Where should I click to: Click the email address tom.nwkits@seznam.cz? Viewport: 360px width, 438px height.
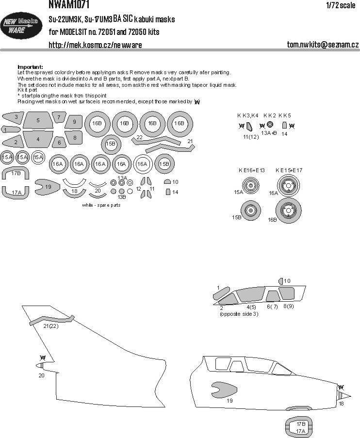tap(323, 45)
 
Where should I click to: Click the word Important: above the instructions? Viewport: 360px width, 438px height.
tap(30, 67)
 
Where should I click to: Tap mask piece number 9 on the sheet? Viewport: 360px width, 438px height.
tap(74, 122)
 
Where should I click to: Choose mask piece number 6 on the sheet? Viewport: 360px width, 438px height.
tap(59, 143)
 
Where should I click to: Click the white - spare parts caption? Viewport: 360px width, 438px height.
tap(101, 205)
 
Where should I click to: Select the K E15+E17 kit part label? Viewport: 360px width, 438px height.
tap(289, 170)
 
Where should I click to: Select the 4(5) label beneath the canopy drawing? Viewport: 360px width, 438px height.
tap(251, 308)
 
